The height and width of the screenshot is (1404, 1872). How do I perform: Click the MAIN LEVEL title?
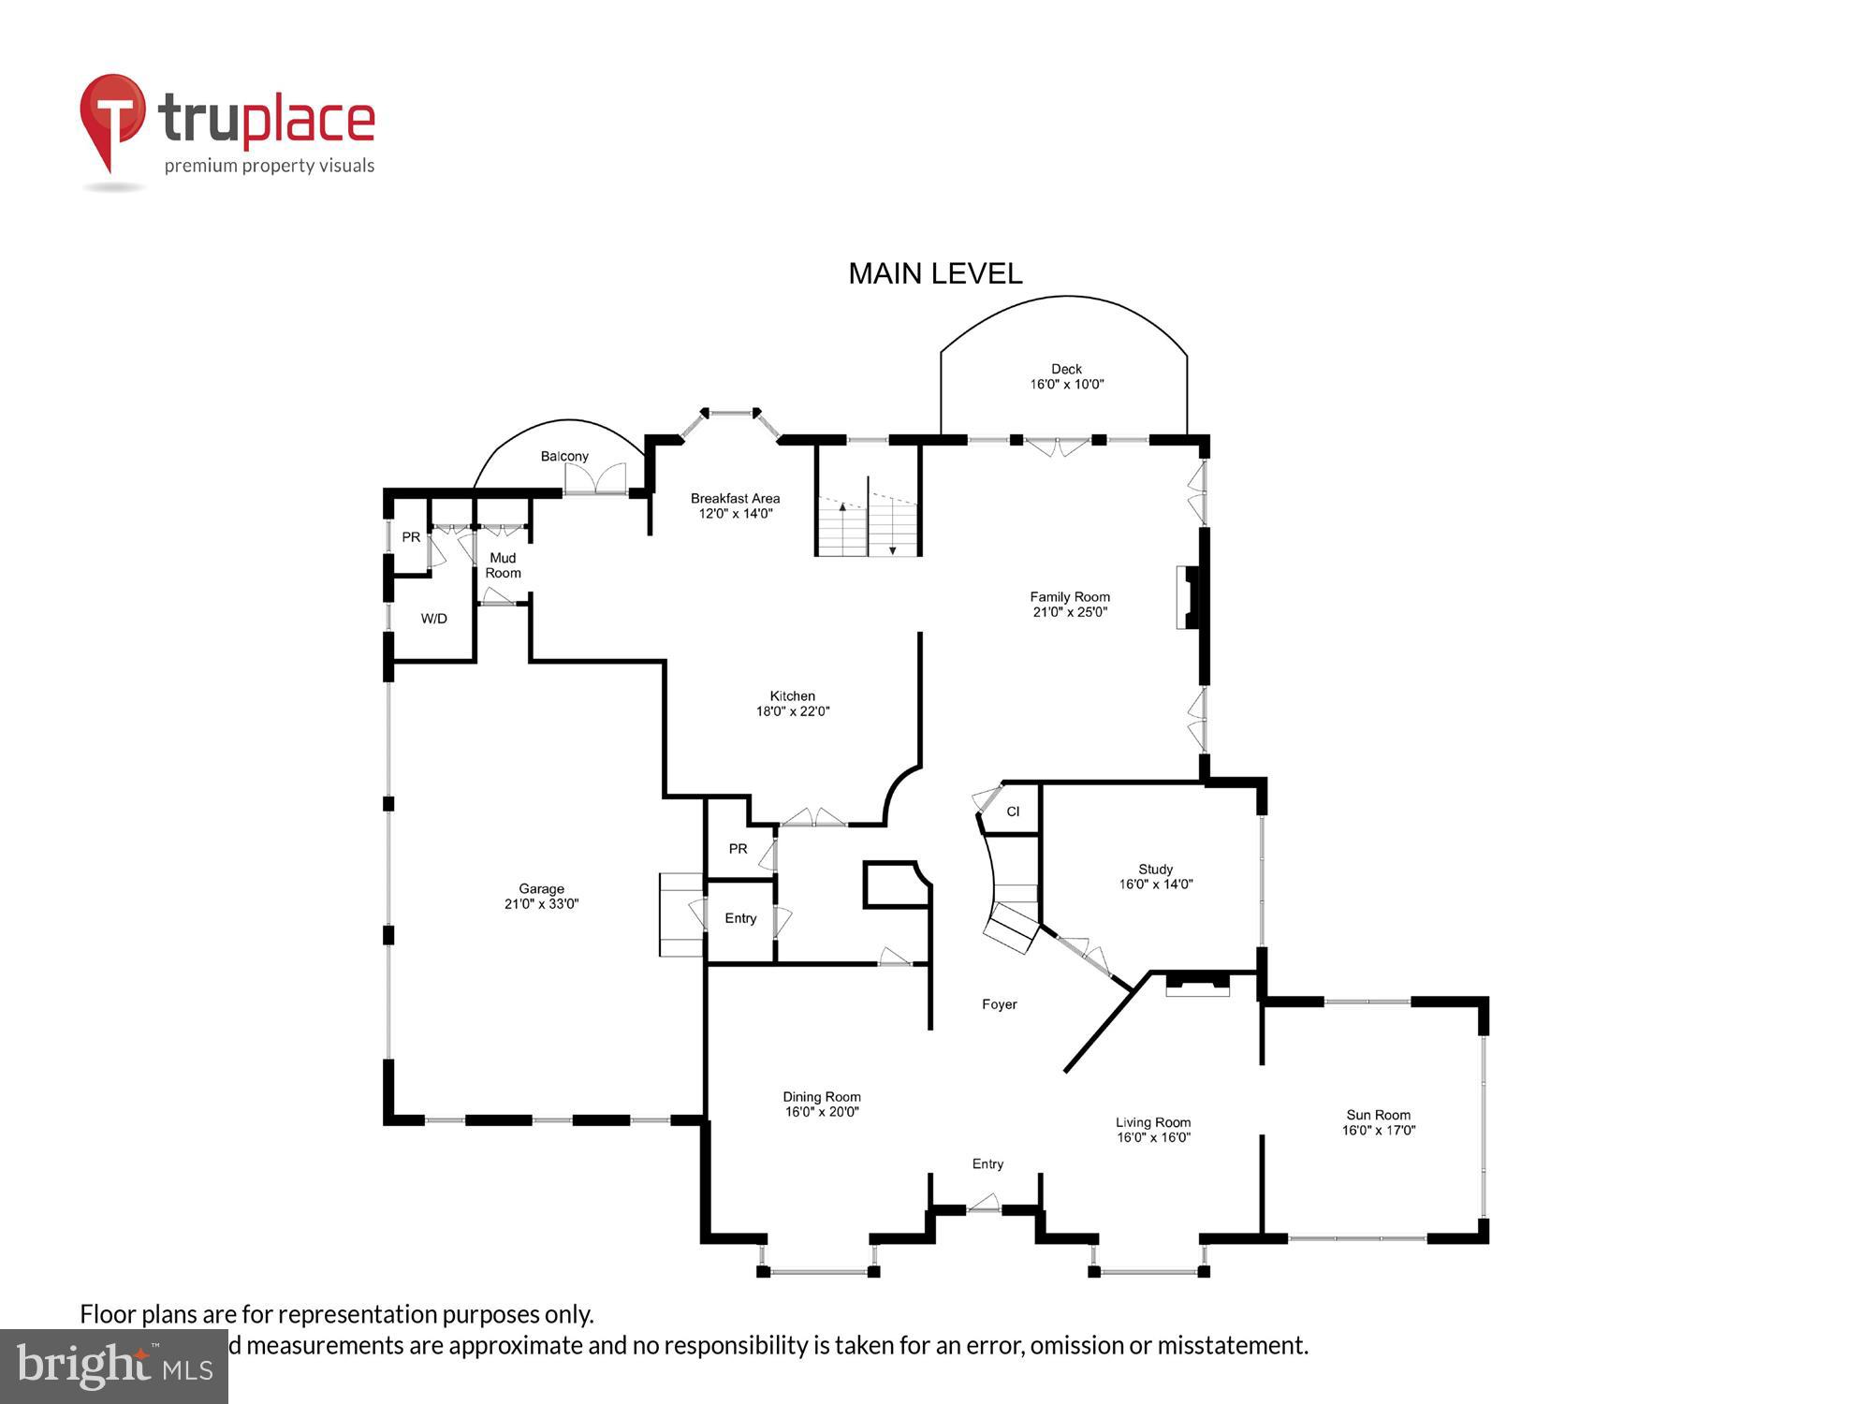934,273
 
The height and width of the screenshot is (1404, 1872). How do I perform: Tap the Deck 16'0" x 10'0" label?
1066,376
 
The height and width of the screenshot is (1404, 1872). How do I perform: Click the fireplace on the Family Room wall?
1187,597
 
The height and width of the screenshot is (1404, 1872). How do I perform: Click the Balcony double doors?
595,478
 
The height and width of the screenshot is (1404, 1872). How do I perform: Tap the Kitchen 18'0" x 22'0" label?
792,703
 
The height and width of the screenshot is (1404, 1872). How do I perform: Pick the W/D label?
433,619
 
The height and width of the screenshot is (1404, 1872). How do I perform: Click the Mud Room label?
503,565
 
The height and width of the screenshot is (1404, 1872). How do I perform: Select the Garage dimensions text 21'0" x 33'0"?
541,904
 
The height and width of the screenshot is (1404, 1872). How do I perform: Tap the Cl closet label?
1013,812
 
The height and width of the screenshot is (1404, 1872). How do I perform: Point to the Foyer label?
999,1004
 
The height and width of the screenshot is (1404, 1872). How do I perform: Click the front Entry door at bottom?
984,1204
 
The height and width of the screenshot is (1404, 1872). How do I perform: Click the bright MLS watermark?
113,1367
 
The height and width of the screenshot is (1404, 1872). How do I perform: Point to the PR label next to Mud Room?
411,537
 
